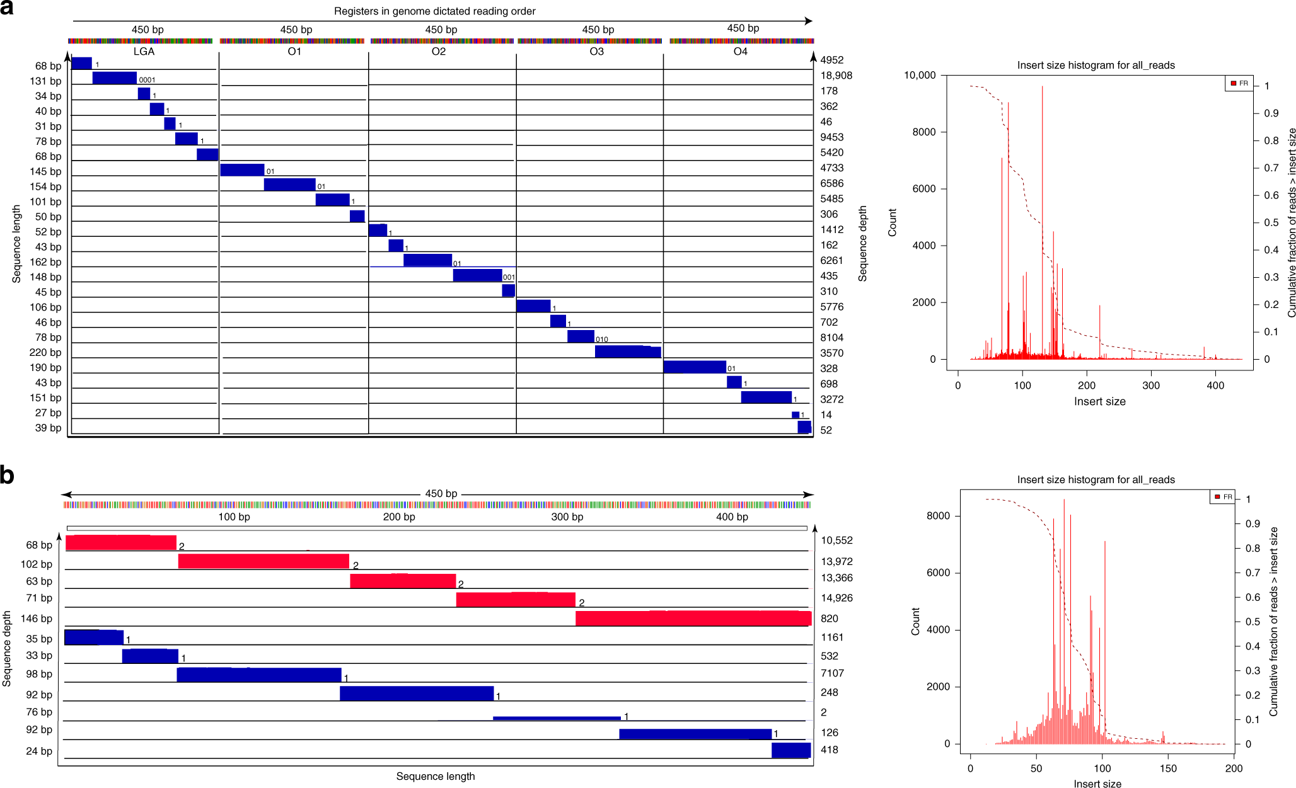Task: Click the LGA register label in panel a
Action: click(144, 52)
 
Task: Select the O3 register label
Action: click(596, 52)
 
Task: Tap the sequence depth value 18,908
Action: click(836, 76)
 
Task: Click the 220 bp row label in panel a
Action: click(45, 353)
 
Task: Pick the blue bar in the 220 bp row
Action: click(628, 352)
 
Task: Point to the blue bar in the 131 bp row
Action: click(114, 78)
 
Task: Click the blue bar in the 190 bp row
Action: click(695, 367)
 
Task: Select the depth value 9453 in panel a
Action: click(831, 137)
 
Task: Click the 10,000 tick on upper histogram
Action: click(920, 76)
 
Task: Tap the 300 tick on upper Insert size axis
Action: click(1151, 385)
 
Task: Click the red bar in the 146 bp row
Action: click(693, 619)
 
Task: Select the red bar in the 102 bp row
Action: click(263, 561)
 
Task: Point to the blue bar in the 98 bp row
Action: click(259, 675)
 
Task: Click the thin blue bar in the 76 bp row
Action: click(557, 718)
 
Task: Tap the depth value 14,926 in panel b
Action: click(836, 598)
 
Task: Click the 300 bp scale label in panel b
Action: click(567, 517)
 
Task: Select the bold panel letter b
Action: click(8, 476)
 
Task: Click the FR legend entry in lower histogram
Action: click(1224, 497)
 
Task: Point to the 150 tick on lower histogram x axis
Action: click(1168, 768)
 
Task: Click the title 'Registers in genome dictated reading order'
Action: click(434, 11)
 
